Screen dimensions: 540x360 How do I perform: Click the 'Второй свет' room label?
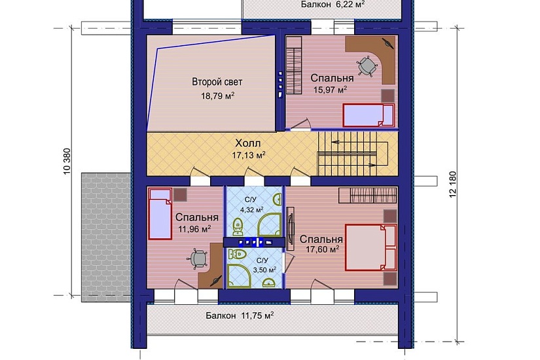[217, 82]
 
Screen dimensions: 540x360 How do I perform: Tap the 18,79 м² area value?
[218, 96]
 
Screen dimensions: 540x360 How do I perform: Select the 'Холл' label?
[247, 143]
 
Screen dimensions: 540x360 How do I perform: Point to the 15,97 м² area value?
[330, 90]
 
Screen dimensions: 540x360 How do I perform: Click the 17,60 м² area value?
[323, 249]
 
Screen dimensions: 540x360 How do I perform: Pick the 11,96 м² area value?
[194, 229]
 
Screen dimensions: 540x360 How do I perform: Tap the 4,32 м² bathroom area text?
[252, 209]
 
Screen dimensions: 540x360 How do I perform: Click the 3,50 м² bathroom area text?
[264, 270]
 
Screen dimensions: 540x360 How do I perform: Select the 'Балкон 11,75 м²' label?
[240, 315]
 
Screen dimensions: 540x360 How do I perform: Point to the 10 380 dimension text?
[67, 161]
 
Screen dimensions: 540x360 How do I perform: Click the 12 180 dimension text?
[452, 185]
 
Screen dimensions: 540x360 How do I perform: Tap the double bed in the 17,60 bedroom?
[371, 247]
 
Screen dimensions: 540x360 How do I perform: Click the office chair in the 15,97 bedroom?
[367, 66]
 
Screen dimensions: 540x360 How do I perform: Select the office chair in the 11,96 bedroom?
[198, 259]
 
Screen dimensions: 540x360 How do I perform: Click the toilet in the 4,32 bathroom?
[238, 226]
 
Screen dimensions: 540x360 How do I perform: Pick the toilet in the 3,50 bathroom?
[238, 255]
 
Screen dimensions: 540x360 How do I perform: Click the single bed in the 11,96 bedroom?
[160, 213]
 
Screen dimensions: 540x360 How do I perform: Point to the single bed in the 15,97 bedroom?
[369, 115]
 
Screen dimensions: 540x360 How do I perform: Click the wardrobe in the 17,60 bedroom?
[368, 195]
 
